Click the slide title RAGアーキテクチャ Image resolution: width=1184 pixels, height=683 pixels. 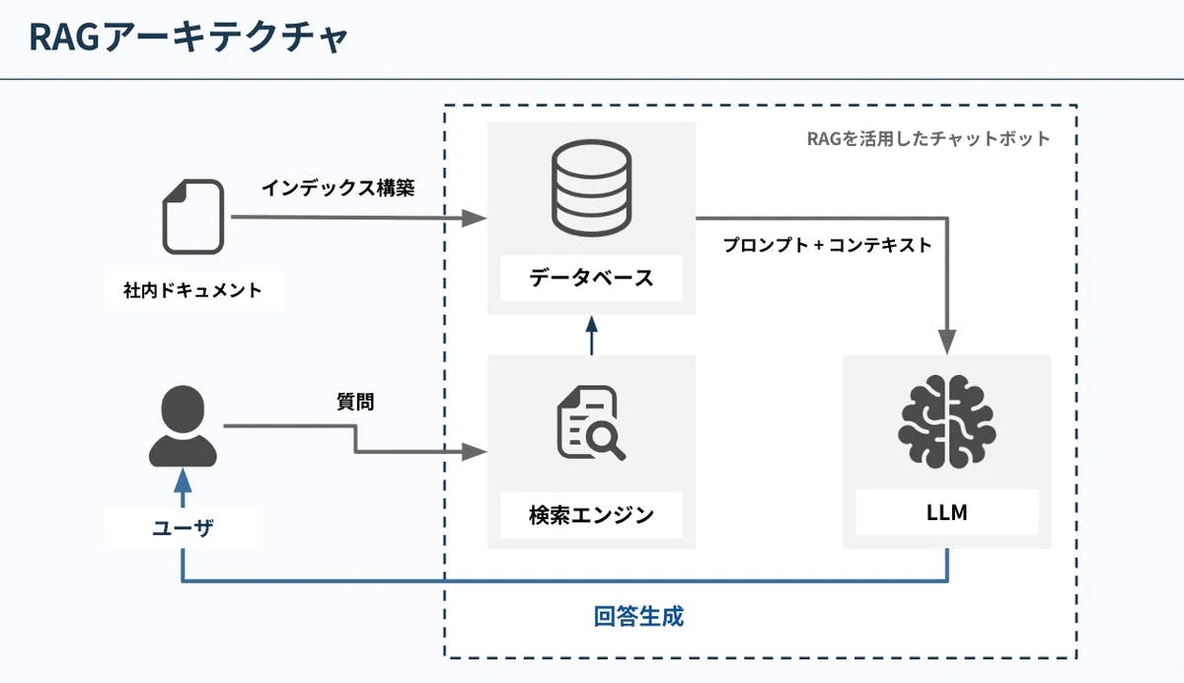tap(188, 38)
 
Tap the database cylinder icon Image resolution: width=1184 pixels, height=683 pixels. tap(591, 185)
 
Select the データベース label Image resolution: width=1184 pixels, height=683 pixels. tap(591, 277)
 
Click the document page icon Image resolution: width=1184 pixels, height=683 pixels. tap(193, 216)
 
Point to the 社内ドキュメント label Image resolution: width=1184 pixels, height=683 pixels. tap(193, 290)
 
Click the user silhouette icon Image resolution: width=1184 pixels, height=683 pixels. tap(183, 426)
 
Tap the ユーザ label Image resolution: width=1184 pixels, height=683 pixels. tap(184, 528)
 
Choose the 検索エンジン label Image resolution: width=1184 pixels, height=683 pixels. tap(591, 514)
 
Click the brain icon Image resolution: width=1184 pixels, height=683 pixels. tap(947, 422)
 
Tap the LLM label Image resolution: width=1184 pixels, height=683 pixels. tap(946, 513)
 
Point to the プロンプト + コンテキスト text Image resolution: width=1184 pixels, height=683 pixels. tap(827, 246)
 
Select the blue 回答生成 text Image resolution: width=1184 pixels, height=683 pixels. tap(638, 618)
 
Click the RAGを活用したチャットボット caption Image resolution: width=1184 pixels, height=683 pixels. tap(928, 139)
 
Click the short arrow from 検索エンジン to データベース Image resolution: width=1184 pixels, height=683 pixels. tap(591, 337)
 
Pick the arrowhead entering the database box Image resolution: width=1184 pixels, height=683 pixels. tap(479, 217)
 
